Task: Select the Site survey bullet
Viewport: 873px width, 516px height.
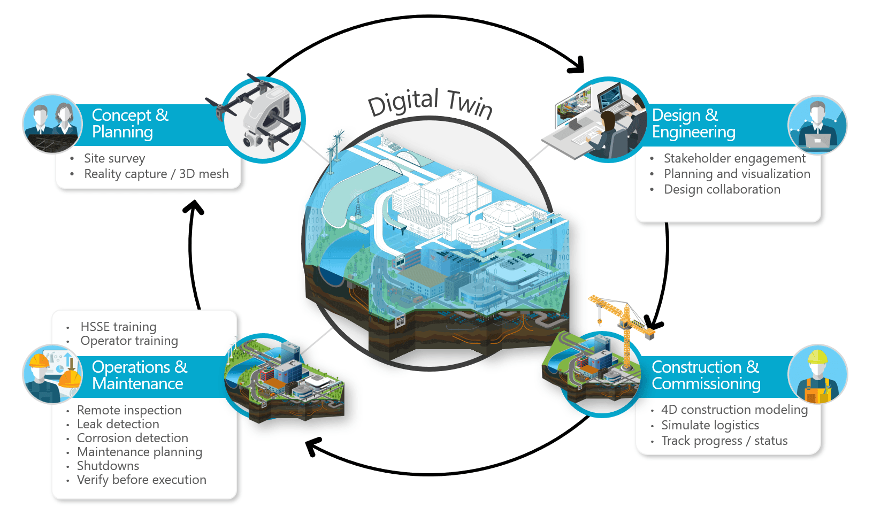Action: (114, 158)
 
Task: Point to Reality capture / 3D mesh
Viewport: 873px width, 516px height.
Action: (156, 174)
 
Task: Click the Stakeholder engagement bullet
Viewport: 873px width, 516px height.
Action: (734, 158)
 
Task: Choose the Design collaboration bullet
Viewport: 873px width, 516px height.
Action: (722, 189)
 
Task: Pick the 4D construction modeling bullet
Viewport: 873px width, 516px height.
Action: (734, 410)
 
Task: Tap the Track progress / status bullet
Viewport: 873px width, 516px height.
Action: (724, 441)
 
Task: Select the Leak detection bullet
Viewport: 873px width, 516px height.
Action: (118, 424)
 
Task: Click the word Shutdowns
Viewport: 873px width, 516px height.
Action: (108, 466)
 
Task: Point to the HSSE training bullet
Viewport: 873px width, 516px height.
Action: (118, 327)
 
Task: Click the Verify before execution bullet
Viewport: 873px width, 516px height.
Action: (142, 480)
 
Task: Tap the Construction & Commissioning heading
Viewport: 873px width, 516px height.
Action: (706, 375)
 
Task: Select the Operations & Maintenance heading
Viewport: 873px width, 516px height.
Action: (139, 375)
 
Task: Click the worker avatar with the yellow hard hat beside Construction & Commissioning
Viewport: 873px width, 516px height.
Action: (817, 374)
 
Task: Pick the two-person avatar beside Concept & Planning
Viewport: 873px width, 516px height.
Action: (52, 124)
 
